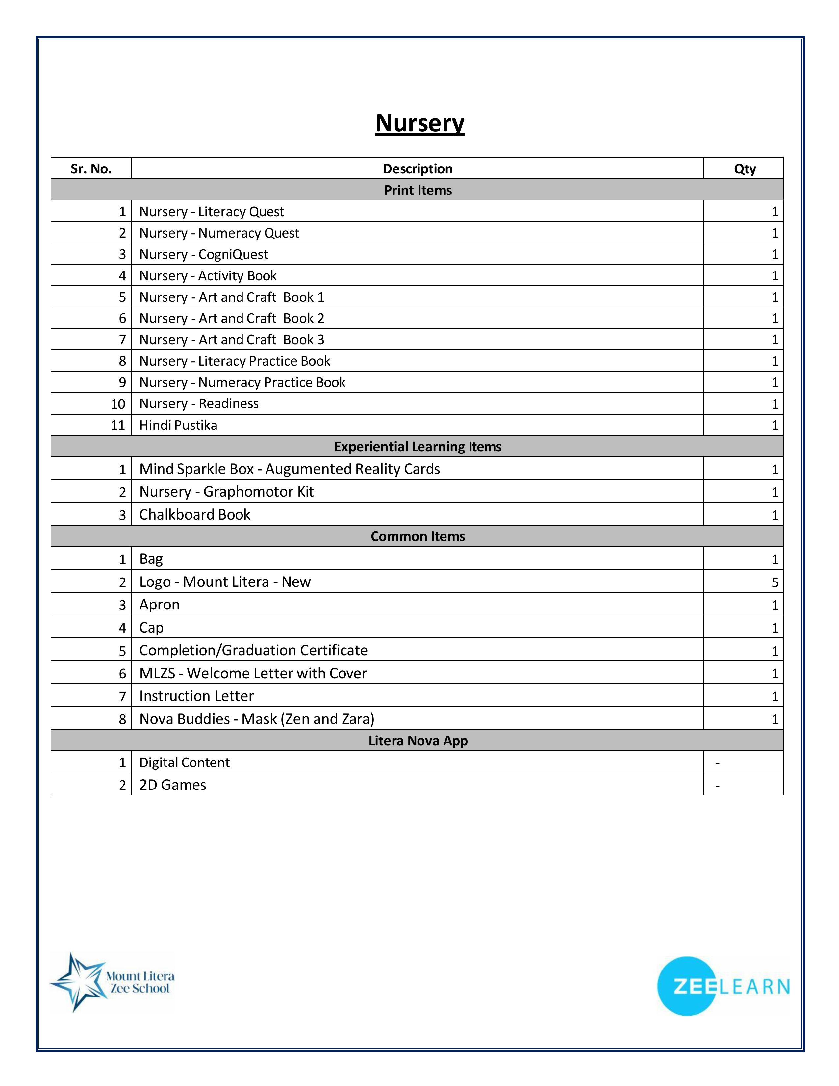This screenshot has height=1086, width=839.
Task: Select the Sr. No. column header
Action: click(x=91, y=169)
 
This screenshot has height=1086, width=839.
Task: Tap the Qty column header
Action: click(x=745, y=169)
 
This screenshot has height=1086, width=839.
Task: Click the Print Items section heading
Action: click(x=418, y=190)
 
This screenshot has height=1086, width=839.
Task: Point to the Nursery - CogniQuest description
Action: click(x=203, y=255)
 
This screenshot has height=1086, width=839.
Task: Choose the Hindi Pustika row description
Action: click(x=178, y=425)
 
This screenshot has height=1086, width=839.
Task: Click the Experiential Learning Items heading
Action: click(x=418, y=447)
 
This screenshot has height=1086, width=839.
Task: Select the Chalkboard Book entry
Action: click(x=194, y=515)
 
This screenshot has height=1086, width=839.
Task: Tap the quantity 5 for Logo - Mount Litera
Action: click(x=775, y=582)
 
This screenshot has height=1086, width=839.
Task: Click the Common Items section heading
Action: click(x=418, y=536)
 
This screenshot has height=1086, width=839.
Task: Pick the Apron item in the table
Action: click(x=159, y=605)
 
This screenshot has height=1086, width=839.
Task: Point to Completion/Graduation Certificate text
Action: click(x=253, y=650)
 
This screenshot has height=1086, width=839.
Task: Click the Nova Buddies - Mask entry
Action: click(x=257, y=719)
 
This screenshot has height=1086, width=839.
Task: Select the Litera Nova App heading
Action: click(x=418, y=741)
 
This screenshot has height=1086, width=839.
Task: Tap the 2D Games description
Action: click(x=172, y=785)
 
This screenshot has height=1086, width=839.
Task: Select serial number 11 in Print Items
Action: click(x=118, y=425)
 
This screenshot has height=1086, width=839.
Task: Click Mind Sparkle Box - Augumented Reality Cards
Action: click(x=289, y=469)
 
